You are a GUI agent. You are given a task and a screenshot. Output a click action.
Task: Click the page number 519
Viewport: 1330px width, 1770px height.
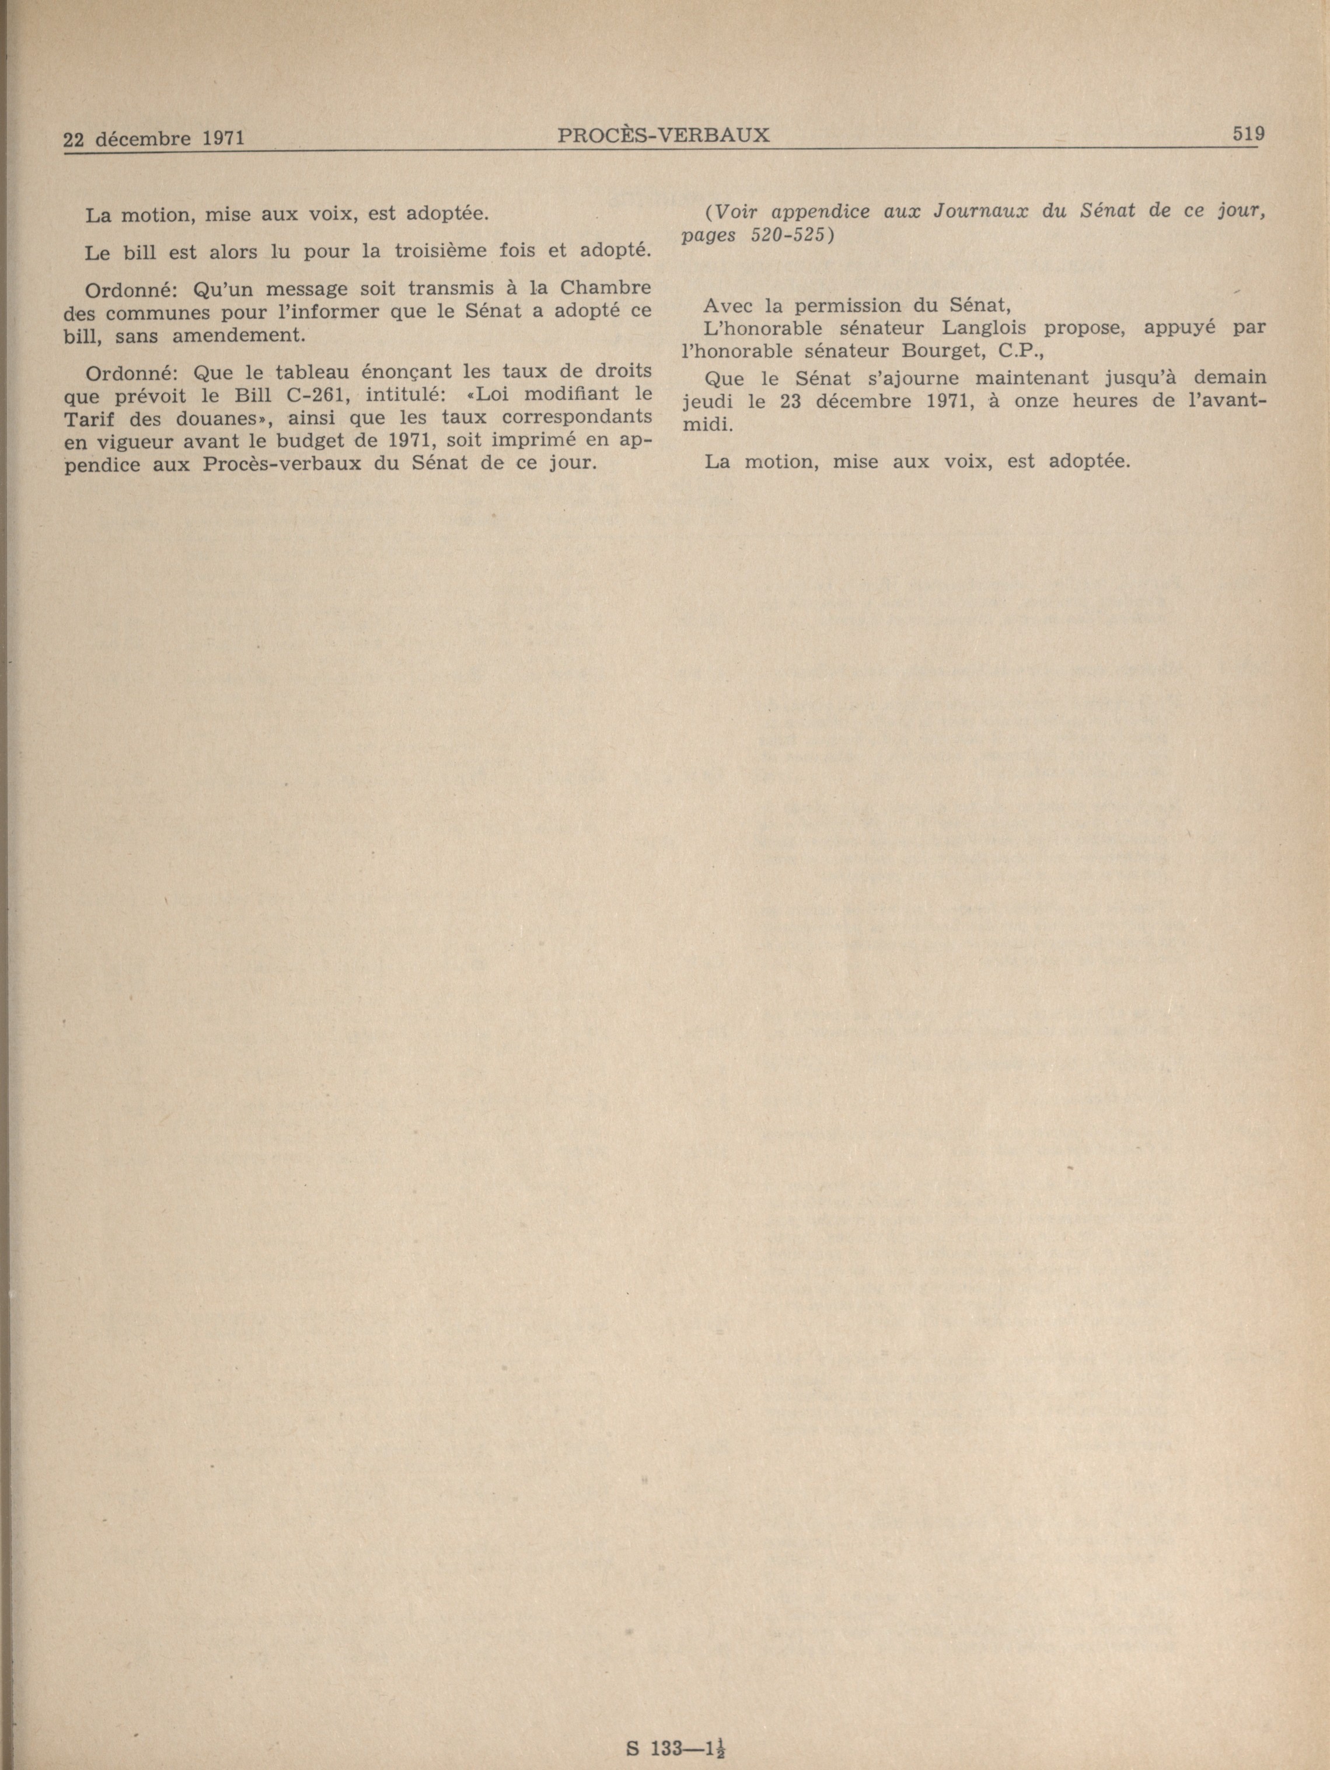click(1248, 134)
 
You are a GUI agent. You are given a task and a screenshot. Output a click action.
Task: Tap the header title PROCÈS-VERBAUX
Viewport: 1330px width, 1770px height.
click(663, 135)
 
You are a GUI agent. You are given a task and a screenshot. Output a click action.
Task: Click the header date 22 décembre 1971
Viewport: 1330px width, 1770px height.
click(153, 138)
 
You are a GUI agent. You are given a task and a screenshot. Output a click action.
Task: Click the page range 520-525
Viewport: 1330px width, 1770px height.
click(788, 235)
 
